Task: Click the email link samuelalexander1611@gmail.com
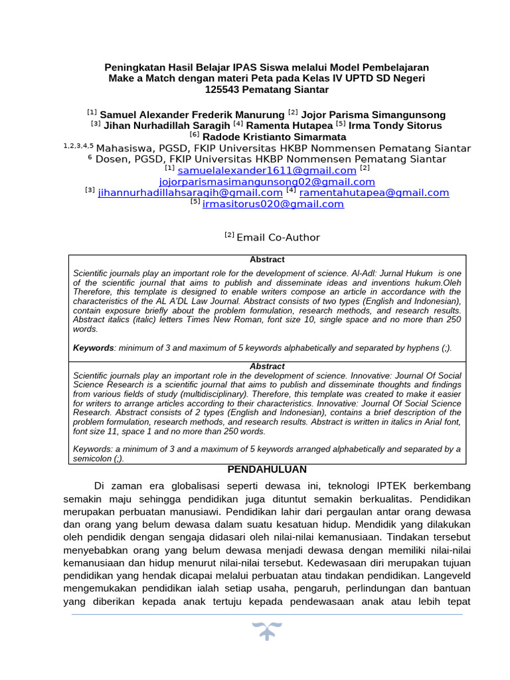pos(263,171)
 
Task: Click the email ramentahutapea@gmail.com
pos(375,193)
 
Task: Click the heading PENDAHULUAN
pos(267,469)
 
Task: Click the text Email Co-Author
pos(278,238)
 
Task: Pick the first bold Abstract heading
pos(267,260)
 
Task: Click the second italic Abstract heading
pos(267,366)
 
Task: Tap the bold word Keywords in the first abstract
pos(93,348)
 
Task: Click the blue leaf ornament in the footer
pos(267,632)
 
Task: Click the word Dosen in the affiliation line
pos(113,159)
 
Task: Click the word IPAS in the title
pos(246,67)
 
